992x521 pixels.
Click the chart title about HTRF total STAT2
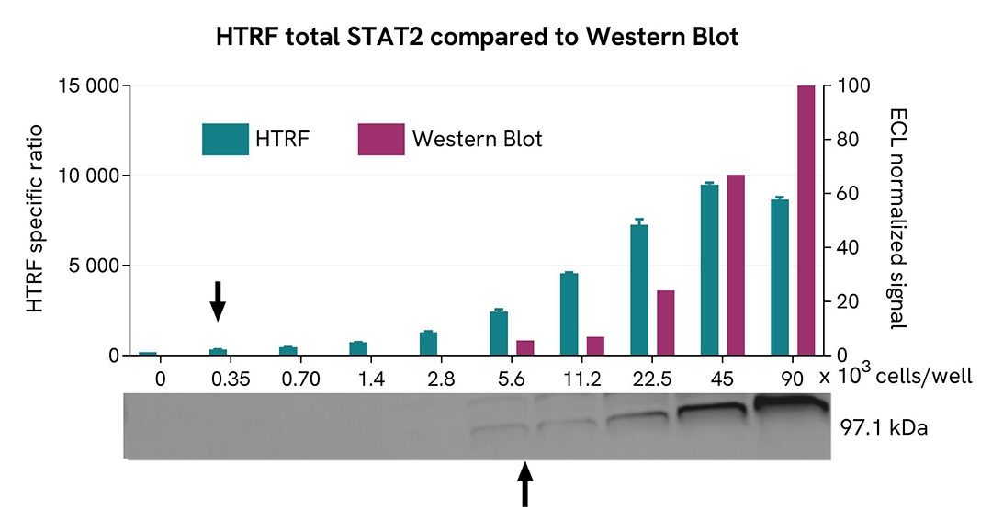(477, 38)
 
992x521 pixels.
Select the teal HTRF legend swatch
(225, 139)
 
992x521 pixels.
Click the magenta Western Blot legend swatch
(380, 139)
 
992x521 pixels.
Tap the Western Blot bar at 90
(806, 221)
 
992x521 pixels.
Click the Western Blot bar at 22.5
(665, 323)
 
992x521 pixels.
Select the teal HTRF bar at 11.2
(569, 313)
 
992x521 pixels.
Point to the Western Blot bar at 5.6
(525, 347)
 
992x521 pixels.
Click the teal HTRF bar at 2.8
(428, 344)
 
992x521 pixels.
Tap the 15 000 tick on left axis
(88, 85)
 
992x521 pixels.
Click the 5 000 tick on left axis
(95, 266)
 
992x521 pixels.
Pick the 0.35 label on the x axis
(218, 378)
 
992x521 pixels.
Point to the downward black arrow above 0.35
(218, 300)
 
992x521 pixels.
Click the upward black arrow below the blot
(524, 483)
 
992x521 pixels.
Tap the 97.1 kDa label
(885, 427)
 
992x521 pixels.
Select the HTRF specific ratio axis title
(36, 221)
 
